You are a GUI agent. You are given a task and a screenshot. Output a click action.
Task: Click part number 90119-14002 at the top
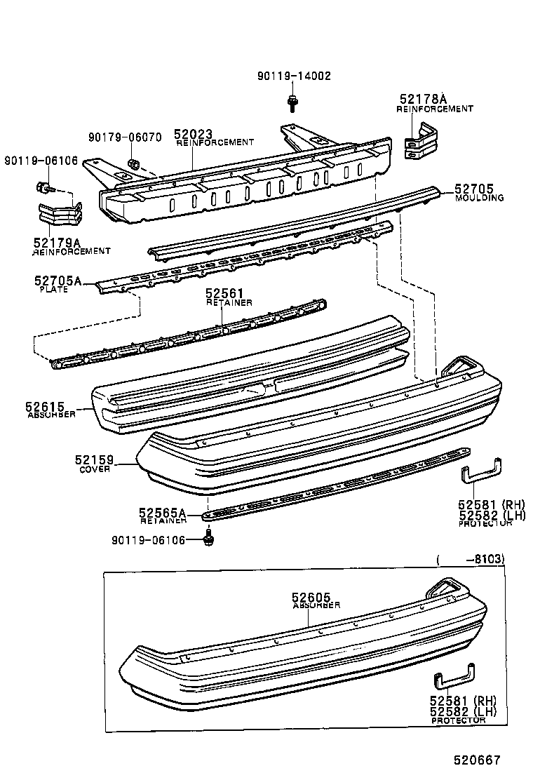(294, 76)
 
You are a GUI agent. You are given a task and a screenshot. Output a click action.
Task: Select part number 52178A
(423, 99)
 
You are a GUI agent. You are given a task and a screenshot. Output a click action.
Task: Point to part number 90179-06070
(125, 137)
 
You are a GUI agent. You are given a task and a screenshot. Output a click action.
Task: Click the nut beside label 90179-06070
(133, 163)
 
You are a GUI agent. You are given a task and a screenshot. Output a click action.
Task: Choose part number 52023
(193, 134)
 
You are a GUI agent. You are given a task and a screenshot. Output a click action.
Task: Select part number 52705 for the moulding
(474, 189)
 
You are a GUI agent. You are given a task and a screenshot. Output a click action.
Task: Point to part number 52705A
(58, 281)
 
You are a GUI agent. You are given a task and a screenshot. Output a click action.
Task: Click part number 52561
(224, 293)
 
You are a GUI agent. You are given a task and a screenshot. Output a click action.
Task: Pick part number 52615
(45, 407)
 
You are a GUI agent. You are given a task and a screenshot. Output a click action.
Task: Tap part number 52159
(95, 460)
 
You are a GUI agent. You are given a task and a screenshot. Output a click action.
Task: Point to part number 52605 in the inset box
(311, 597)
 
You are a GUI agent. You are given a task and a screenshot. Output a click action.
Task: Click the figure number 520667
(477, 760)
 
